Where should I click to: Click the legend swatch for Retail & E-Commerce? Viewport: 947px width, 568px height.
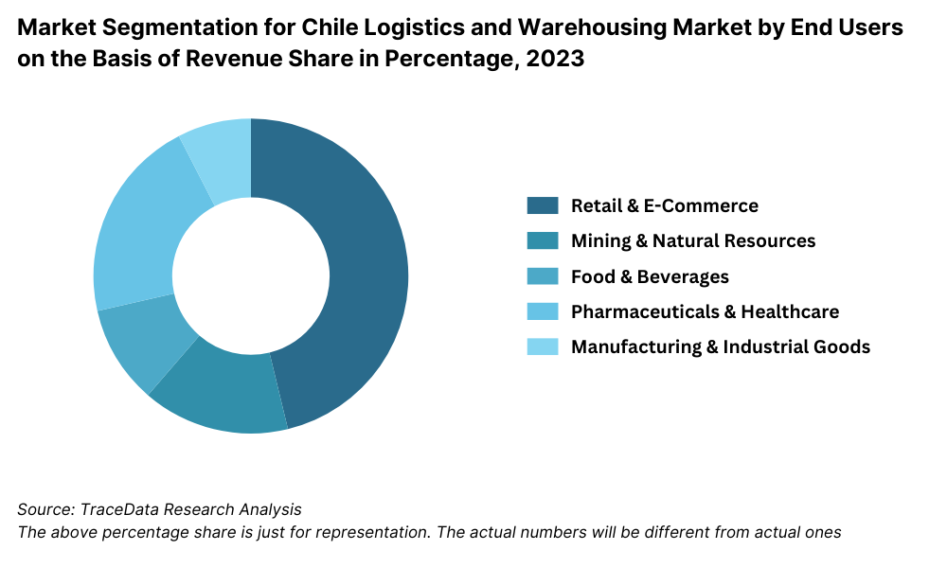click(543, 205)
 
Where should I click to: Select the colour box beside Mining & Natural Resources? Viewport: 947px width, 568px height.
click(543, 240)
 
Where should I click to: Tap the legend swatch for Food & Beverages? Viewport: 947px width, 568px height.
click(543, 276)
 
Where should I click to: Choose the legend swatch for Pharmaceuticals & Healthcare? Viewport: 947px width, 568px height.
click(543, 311)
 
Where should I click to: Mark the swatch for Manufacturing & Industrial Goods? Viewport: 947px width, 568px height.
click(543, 346)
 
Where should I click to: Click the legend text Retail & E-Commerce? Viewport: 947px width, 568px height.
click(664, 205)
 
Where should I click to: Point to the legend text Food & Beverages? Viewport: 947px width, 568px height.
click(650, 276)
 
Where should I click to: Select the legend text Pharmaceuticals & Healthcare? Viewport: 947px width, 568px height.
click(705, 311)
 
